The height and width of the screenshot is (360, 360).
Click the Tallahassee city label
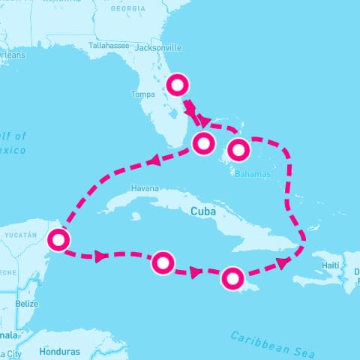click(110, 45)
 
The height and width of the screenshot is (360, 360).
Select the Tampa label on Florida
click(142, 94)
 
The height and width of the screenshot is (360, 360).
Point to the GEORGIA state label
click(128, 8)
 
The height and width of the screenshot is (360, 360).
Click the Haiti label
click(331, 265)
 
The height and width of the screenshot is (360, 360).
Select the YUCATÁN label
click(20, 235)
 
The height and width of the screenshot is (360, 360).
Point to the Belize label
click(26, 304)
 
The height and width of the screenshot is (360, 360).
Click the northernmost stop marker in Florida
click(177, 85)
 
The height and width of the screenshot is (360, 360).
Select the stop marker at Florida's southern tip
click(202, 143)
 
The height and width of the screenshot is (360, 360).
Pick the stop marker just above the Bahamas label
click(238, 150)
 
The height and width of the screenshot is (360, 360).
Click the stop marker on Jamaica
click(232, 279)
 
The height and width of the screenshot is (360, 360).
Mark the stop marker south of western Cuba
click(163, 262)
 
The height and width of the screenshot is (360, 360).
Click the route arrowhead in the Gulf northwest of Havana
click(153, 160)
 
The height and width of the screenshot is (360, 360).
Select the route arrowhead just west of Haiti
click(283, 262)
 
